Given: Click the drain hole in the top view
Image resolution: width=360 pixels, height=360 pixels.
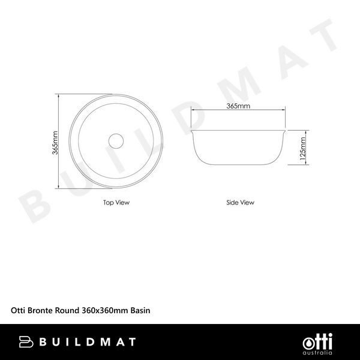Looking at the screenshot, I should (x=116, y=141).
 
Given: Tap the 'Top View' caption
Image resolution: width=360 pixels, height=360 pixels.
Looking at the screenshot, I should (x=116, y=203).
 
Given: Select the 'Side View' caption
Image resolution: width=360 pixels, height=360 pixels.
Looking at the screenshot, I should (x=240, y=203).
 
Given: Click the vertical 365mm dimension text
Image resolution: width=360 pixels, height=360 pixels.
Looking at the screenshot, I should (x=55, y=143).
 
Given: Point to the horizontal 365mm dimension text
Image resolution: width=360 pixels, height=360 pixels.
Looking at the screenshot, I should (x=238, y=106).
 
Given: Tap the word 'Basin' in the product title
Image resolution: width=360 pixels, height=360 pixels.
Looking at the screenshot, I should (x=139, y=311).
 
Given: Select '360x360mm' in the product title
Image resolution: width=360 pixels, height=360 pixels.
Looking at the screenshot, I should (x=102, y=311).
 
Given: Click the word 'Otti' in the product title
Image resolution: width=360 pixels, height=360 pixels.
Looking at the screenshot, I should (x=18, y=311).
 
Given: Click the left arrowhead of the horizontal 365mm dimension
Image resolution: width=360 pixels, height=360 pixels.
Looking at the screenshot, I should (x=193, y=110).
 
